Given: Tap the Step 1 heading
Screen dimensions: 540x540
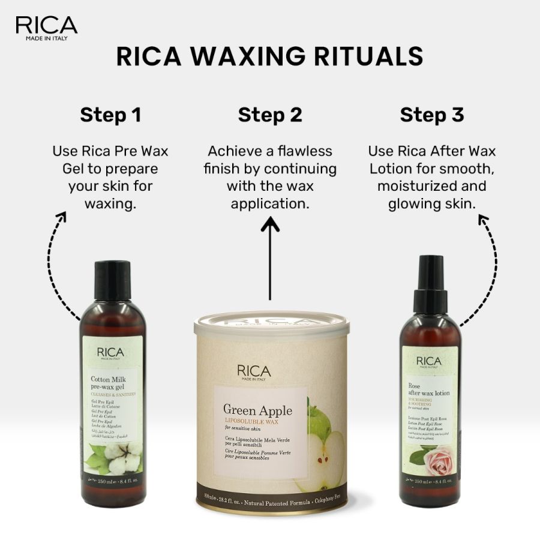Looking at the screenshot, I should [110, 115].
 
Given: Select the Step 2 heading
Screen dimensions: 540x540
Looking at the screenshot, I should [270, 115].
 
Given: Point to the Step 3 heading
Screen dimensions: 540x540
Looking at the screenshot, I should [432, 115].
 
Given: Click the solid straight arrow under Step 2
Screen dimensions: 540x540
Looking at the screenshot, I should [270, 258].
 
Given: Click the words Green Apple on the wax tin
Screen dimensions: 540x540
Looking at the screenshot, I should [258, 410].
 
